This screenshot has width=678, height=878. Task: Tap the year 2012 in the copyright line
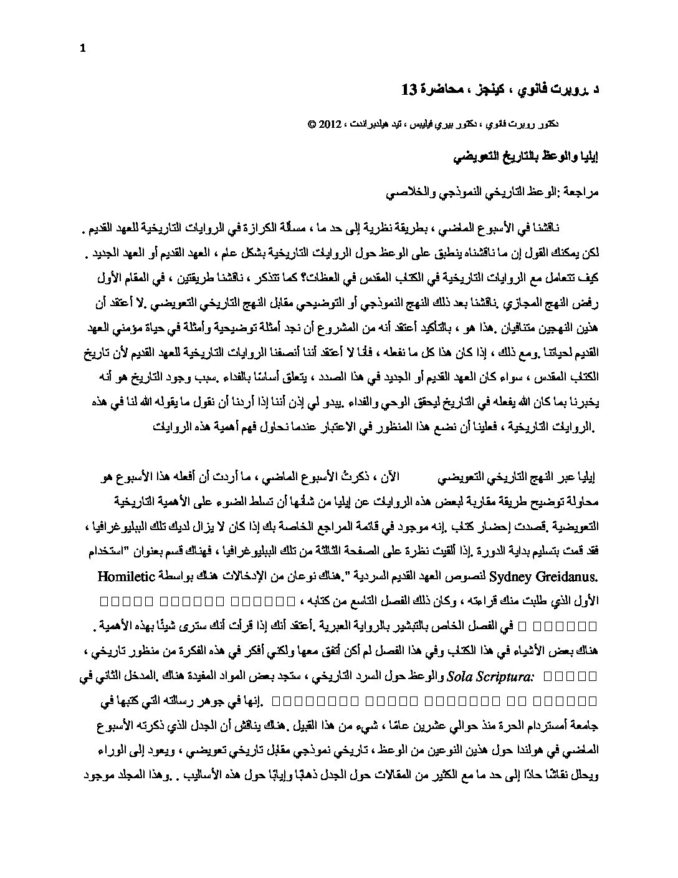(x=328, y=124)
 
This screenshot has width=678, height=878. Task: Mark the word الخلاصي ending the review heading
(x=398, y=193)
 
